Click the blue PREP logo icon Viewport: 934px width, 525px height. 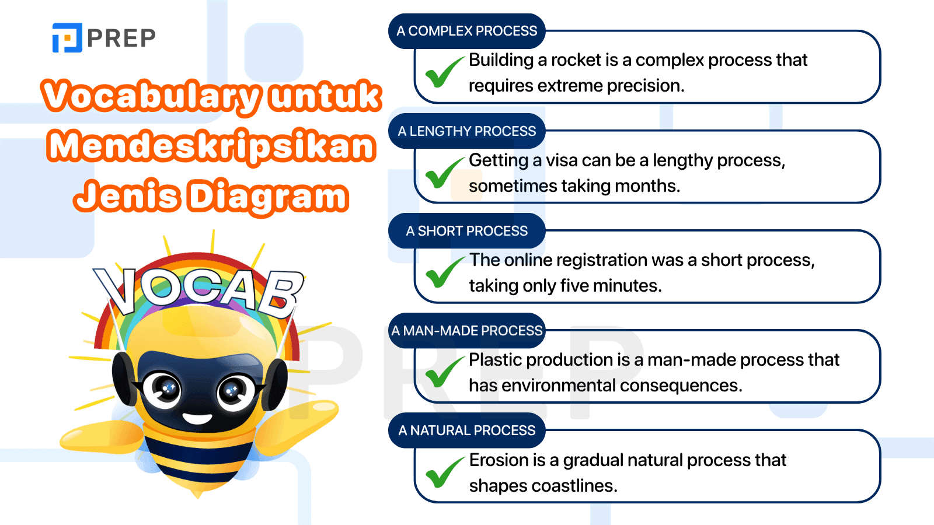click(x=67, y=37)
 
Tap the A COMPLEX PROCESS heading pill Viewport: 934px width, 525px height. click(x=466, y=31)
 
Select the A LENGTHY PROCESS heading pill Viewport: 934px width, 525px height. click(x=466, y=131)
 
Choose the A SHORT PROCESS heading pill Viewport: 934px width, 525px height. click(x=466, y=230)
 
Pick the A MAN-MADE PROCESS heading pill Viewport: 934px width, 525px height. click(x=466, y=330)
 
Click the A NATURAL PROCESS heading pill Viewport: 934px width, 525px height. click(x=466, y=430)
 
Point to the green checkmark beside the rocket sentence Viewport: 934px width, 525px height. click(x=444, y=72)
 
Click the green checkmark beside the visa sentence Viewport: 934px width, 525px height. click(x=444, y=172)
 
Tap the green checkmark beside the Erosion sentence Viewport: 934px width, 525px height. click(x=444, y=472)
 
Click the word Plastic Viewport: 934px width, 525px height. click(x=496, y=360)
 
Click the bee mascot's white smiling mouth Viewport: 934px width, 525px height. click(x=197, y=418)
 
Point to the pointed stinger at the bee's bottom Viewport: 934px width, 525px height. click(x=198, y=493)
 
